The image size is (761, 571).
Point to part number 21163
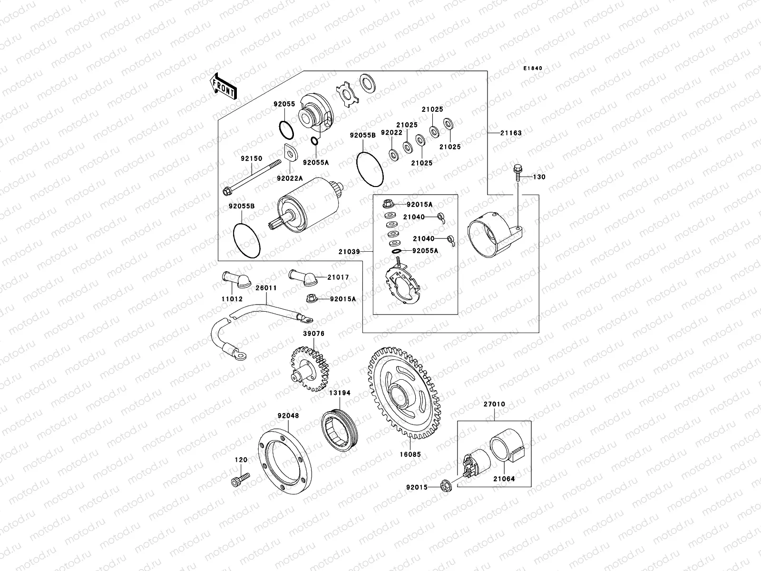511,133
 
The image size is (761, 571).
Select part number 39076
313,334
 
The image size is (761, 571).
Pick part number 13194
340,393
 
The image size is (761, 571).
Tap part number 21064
504,479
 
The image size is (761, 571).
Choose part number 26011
266,288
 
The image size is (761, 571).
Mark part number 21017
338,277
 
